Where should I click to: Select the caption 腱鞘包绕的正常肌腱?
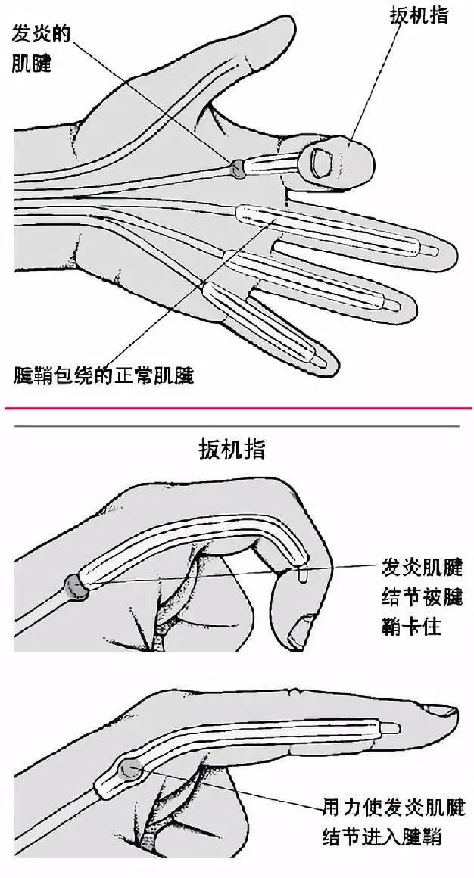click(x=104, y=374)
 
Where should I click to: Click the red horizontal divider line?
click(x=236, y=409)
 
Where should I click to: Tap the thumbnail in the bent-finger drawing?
click(x=303, y=627)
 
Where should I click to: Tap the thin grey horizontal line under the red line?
click(x=236, y=426)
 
